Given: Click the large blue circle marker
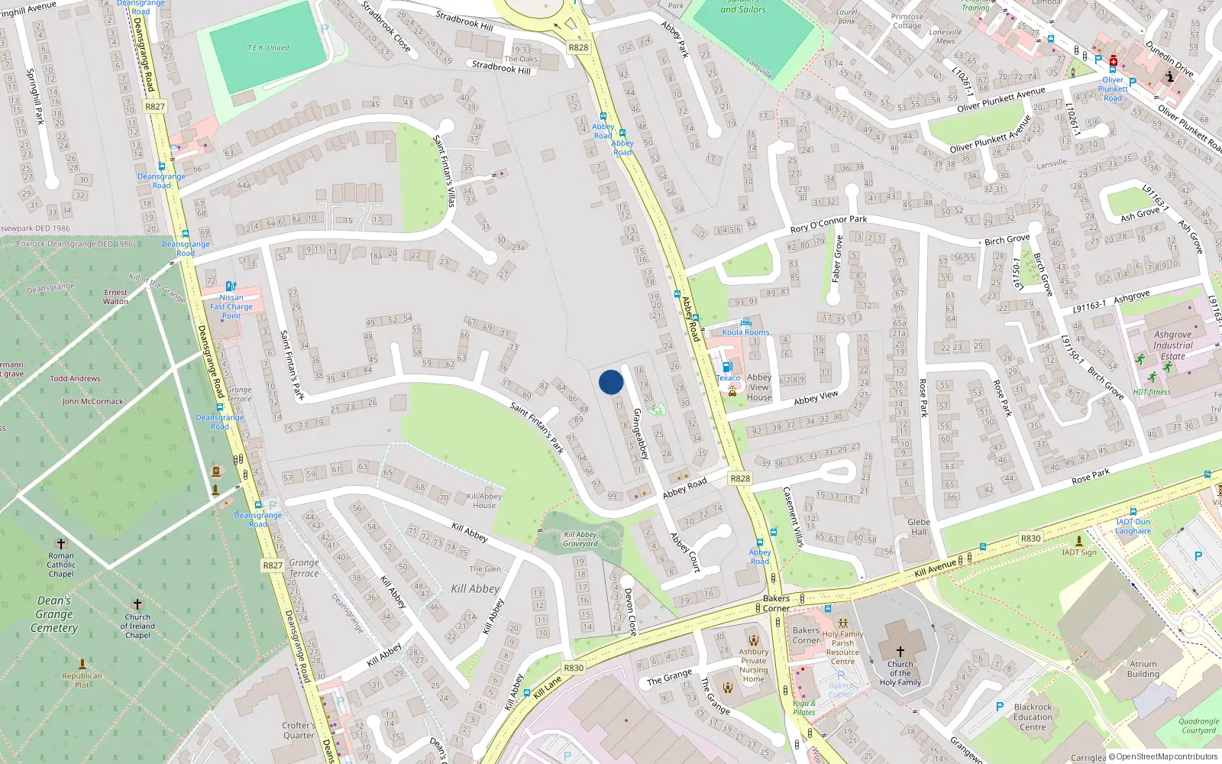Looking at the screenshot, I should click(611, 382).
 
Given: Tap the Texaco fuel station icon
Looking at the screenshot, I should click(728, 367).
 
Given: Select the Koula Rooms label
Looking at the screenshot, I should click(745, 332).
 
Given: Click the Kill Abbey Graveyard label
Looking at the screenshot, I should click(580, 539).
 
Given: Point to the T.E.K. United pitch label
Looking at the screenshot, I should click(268, 47).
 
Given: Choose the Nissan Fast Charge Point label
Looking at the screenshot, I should click(231, 306).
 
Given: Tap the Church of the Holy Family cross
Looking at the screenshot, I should click(900, 652).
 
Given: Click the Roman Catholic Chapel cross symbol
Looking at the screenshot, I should click(61, 544).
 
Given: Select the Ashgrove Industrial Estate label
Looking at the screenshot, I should click(1172, 345).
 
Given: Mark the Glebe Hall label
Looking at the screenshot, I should click(919, 527).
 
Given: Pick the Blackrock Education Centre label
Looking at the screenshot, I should click(1033, 717).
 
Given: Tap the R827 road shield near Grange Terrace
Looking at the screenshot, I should click(273, 565).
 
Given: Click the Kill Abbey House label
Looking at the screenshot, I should click(484, 500).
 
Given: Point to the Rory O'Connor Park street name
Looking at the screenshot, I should click(829, 224).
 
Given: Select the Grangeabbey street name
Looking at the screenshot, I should click(641, 433).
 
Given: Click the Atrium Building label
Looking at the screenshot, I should click(1143, 669).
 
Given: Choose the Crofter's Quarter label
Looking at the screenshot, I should click(299, 730).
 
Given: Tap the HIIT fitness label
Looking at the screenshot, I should click(1152, 392).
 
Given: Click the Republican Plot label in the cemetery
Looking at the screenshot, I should click(82, 680).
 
